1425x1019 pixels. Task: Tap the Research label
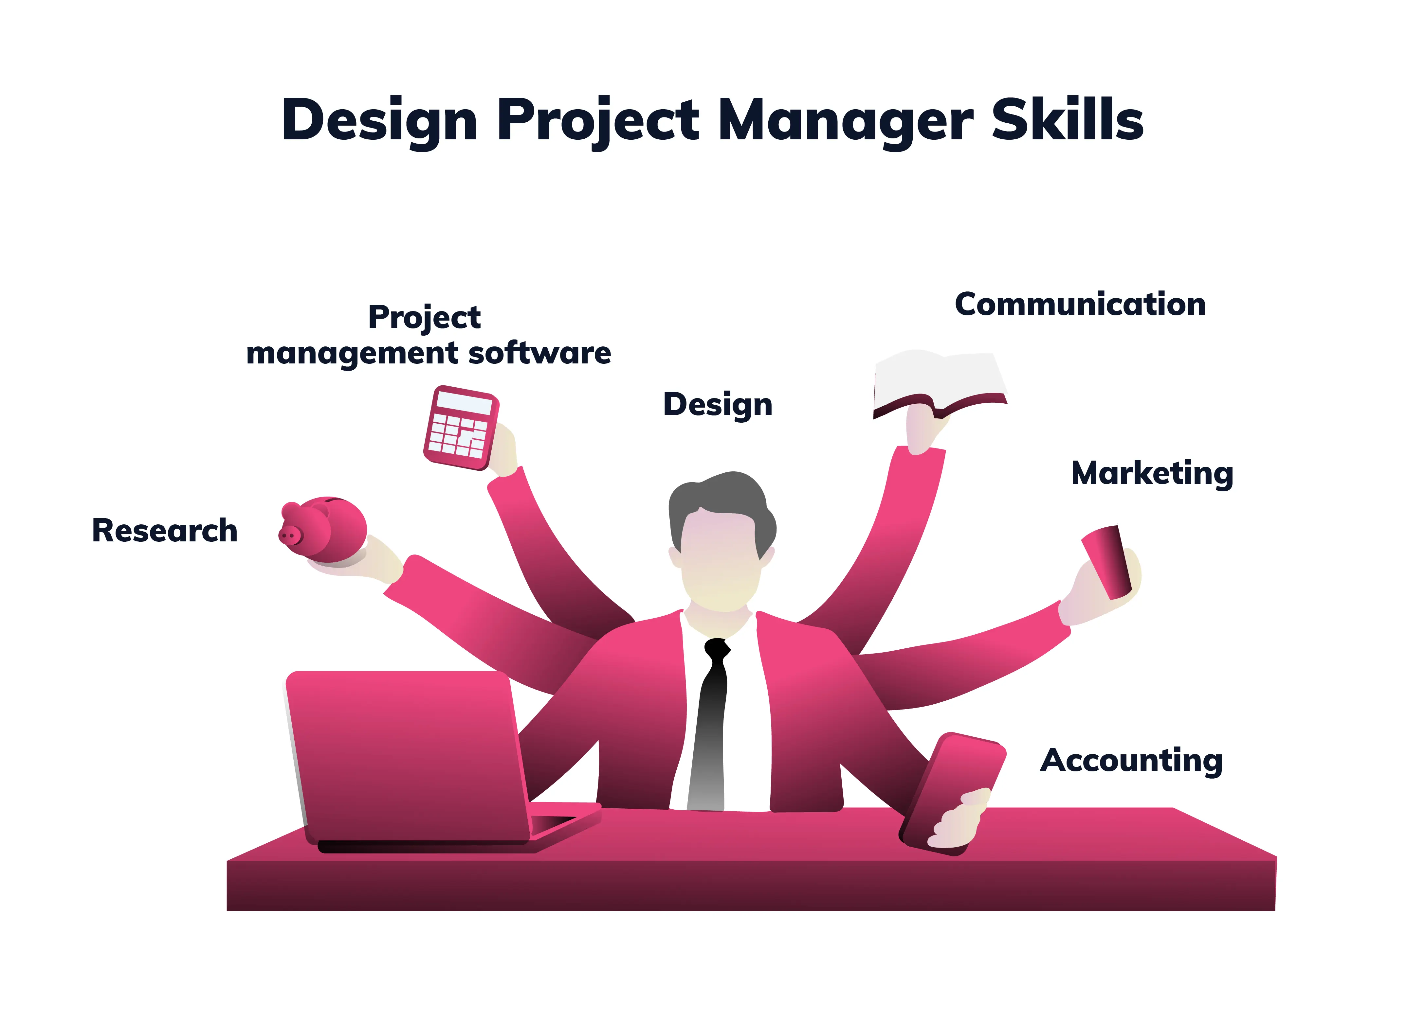(x=164, y=531)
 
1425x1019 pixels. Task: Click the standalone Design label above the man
(x=718, y=405)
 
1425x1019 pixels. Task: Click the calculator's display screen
(x=465, y=402)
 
